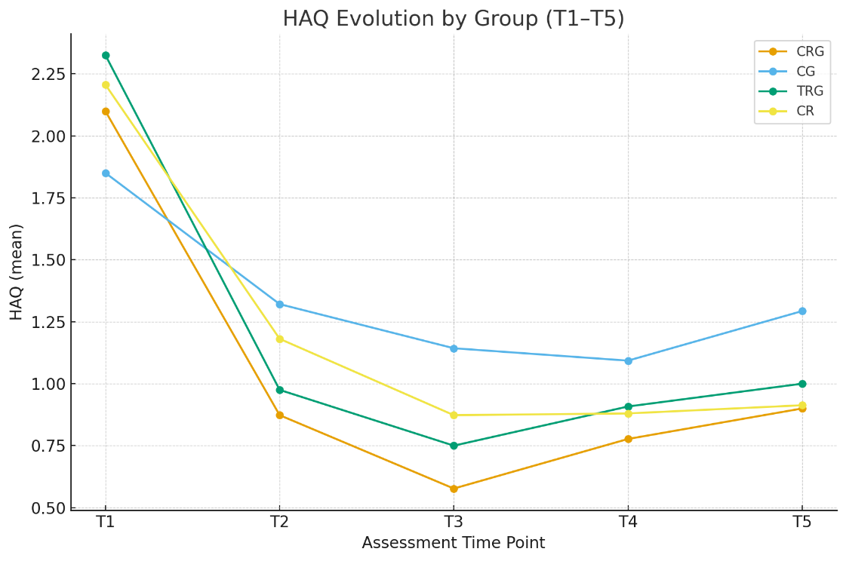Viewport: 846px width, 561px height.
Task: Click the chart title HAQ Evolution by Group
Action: [454, 19]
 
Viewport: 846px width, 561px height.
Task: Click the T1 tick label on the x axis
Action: [106, 522]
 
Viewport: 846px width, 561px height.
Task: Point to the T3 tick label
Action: [454, 522]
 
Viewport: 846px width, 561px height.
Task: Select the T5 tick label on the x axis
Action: [801, 522]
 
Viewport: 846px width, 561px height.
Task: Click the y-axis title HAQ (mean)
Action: [17, 271]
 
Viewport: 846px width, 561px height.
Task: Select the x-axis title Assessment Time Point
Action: [453, 544]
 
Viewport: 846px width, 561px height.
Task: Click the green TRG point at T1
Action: [106, 55]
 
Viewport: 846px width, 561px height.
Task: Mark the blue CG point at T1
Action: [106, 173]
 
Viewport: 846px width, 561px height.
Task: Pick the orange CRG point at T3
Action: [454, 489]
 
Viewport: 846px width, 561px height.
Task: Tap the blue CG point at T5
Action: [802, 311]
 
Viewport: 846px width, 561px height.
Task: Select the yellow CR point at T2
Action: [280, 339]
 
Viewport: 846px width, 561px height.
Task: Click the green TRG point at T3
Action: [454, 446]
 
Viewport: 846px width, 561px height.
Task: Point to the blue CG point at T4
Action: [628, 360]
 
